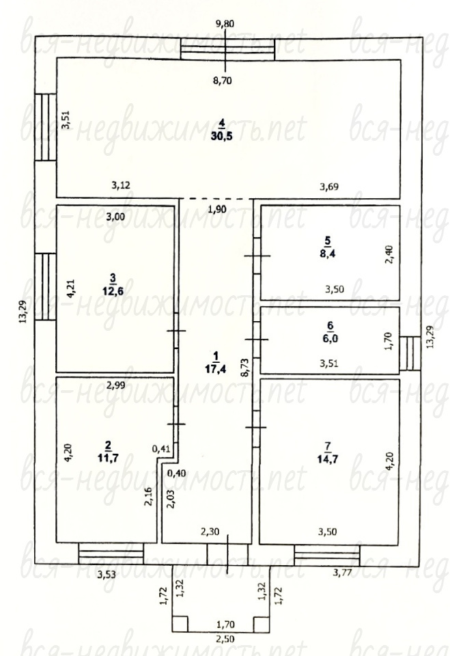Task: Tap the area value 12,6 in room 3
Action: tap(113, 291)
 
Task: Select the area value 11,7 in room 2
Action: tap(108, 458)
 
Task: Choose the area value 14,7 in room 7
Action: tap(328, 459)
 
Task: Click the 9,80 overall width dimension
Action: tap(225, 24)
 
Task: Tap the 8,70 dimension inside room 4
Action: tap(222, 81)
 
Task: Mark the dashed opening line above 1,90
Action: tap(216, 199)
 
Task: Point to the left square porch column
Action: tap(180, 623)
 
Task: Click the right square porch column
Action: tap(262, 623)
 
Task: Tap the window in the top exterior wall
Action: tap(227, 49)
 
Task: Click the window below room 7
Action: tap(327, 555)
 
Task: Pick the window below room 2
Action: tap(111, 554)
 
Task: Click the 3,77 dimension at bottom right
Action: tap(342, 573)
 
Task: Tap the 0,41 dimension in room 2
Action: tap(161, 449)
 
